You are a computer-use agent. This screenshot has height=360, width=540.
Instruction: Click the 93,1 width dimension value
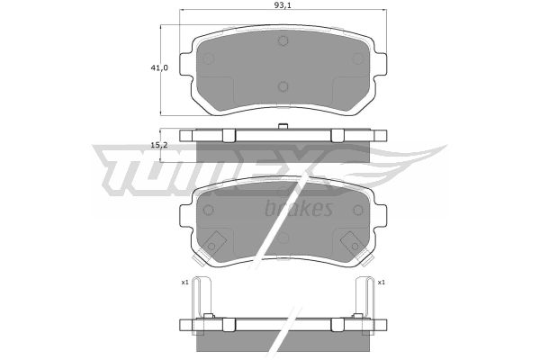point(281,4)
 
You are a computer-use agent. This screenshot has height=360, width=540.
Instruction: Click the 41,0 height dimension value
point(159,67)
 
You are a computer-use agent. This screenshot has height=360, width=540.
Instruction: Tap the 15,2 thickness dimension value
point(158,145)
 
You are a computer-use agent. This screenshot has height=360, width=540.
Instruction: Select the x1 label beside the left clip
point(184,282)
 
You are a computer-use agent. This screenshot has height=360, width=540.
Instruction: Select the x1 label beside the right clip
point(381,282)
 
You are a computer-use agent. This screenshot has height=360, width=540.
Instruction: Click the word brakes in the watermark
point(299,208)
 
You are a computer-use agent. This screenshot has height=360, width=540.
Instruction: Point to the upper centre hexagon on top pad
point(283,41)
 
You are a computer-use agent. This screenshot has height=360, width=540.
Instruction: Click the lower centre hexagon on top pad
point(283,86)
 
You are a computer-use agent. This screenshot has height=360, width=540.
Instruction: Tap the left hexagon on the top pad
point(209,58)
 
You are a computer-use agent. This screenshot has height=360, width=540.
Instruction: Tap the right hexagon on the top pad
point(358,58)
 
